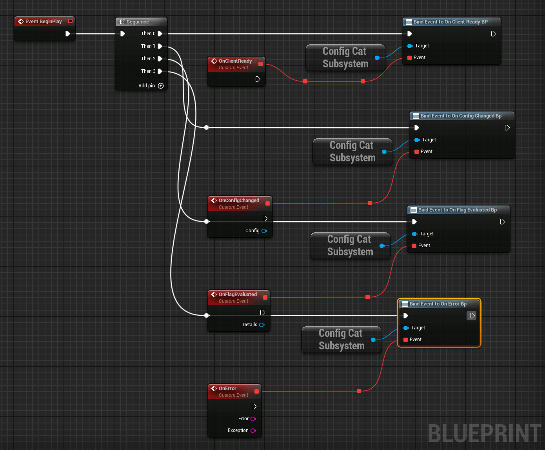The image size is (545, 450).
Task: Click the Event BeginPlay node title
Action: [43, 22]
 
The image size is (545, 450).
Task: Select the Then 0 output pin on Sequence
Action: [160, 34]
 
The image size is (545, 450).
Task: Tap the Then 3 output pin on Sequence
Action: [160, 71]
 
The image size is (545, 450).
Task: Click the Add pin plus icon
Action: [161, 86]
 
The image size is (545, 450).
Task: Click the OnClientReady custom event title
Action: [235, 61]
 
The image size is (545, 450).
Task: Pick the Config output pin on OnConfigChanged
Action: [264, 231]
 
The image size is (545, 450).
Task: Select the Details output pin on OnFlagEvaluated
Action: [262, 325]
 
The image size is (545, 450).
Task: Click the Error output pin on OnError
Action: [253, 419]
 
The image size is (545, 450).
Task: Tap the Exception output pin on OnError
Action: [253, 430]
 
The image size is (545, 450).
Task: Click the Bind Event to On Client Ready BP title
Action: [450, 22]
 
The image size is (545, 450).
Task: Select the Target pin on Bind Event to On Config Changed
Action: [417, 140]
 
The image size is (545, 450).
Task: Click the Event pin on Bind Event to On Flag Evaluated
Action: [414, 246]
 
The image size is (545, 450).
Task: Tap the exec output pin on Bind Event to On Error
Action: [472, 316]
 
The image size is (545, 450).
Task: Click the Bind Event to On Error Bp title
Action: [438, 304]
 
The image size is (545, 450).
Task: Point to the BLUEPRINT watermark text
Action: [485, 434]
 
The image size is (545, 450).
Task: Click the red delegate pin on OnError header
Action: [257, 391]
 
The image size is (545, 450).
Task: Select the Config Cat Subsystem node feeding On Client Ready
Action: [345, 58]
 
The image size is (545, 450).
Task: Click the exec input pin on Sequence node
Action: [123, 34]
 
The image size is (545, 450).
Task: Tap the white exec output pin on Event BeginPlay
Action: [68, 34]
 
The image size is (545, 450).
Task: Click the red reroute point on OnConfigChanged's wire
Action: [370, 203]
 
